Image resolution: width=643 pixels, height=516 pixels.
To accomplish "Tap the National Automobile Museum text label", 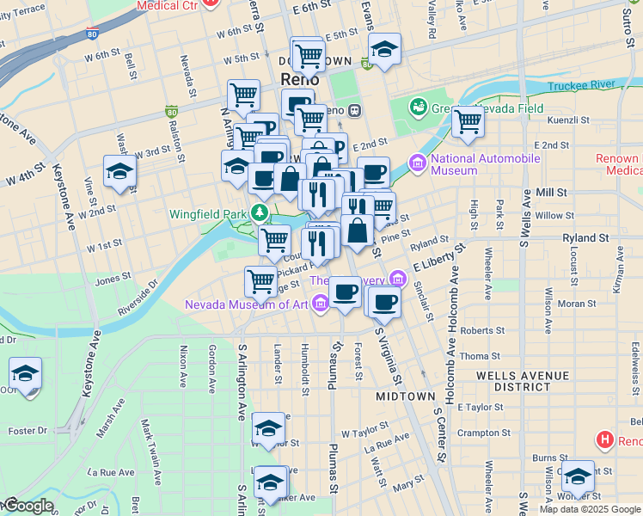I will tap(486, 164).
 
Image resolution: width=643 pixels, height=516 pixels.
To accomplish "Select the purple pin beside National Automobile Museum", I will tap(419, 163).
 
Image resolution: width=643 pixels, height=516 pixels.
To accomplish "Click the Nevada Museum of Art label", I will tap(248, 304).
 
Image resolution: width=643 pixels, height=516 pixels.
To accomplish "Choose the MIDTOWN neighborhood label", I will tap(406, 396).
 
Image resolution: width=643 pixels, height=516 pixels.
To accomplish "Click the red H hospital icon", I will tap(605, 440).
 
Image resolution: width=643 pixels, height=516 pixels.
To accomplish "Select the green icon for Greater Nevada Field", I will tap(419, 107).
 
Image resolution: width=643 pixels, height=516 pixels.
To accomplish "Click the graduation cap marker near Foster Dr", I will tap(26, 374).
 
